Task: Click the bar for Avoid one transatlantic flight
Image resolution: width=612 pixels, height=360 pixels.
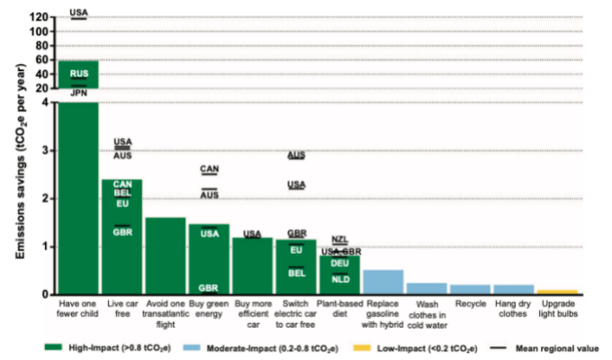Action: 166,256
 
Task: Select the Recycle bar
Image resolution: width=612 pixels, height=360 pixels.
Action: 469,289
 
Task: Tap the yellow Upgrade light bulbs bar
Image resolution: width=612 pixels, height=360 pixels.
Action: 556,292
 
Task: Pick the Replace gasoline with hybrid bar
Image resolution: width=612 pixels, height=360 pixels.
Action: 382,282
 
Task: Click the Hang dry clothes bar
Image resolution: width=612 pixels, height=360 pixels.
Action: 513,289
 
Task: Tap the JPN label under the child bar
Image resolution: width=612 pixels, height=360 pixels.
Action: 78,92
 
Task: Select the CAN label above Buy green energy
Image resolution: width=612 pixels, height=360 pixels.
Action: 209,169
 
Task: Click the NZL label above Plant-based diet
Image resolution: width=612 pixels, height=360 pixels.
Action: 339,239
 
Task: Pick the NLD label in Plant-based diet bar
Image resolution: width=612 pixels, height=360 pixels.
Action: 340,279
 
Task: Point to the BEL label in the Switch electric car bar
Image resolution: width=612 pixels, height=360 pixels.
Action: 296,273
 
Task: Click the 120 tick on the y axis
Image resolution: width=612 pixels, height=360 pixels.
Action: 37,18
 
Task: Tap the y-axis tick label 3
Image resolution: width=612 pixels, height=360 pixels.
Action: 45,150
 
